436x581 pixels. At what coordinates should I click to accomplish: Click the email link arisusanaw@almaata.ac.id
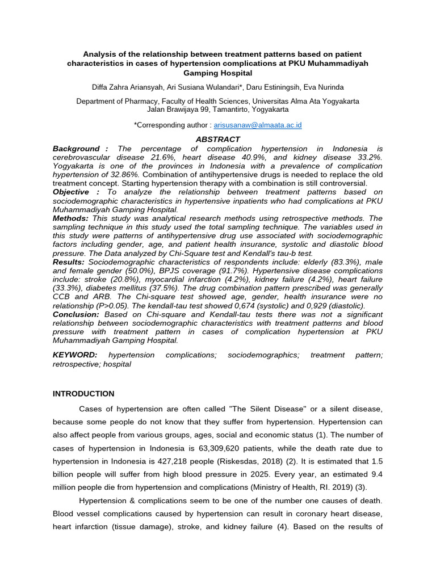click(258, 125)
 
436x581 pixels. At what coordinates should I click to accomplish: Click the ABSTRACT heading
click(218, 139)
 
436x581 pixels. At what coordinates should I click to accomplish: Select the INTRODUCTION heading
click(83, 394)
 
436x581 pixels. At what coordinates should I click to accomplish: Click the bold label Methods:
click(70, 218)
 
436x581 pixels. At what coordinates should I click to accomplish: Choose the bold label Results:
click(69, 262)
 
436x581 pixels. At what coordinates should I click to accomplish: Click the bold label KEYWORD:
click(75, 355)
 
